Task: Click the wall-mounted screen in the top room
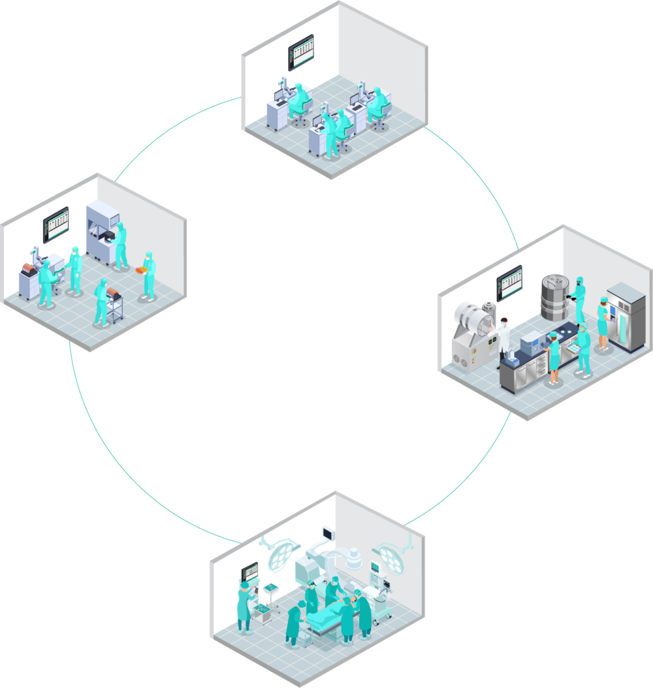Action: [x=300, y=52]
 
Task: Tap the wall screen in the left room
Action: [x=56, y=225]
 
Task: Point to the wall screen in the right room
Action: [x=509, y=283]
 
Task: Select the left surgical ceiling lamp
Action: [x=282, y=552]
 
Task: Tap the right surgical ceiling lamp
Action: [x=390, y=554]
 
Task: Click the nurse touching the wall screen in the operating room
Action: [x=246, y=607]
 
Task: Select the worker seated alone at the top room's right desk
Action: [x=377, y=104]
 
